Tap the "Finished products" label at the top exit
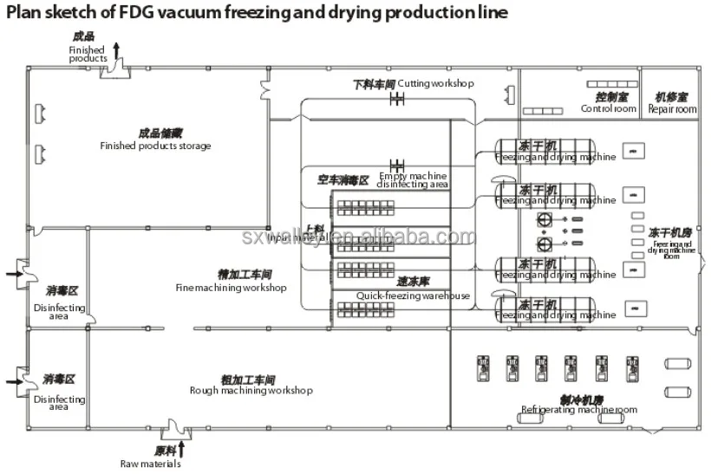(x=88, y=54)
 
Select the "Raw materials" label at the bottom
(x=151, y=464)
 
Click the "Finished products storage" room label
(x=155, y=146)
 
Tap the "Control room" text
(x=609, y=109)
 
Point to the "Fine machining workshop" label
(x=231, y=288)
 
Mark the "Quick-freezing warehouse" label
(x=413, y=295)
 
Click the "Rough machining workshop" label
(x=251, y=390)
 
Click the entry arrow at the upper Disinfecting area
(x=12, y=275)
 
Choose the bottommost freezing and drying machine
(x=555, y=310)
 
